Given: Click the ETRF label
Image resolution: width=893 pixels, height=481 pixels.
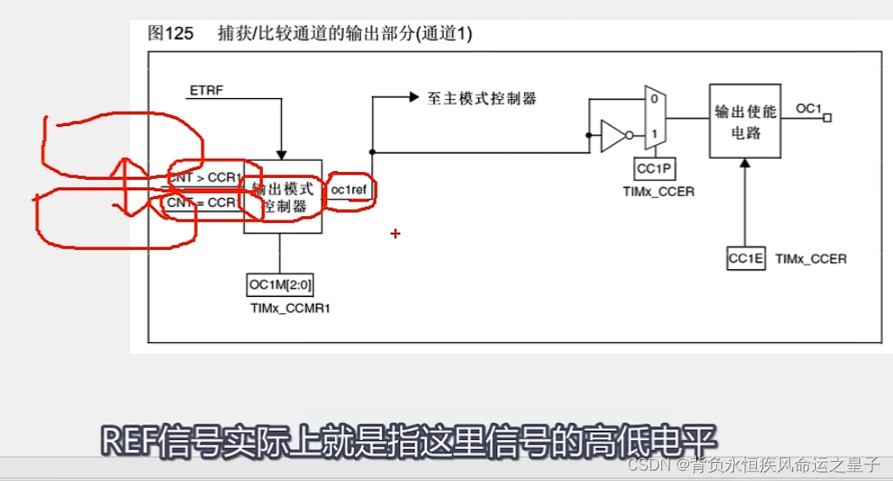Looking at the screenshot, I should (x=206, y=89).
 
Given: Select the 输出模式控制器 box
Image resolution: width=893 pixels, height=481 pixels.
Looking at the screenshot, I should (x=281, y=196).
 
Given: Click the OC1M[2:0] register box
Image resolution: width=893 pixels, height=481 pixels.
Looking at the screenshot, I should (x=280, y=285).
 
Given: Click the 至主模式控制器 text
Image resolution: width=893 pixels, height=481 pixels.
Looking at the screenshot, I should (x=482, y=98).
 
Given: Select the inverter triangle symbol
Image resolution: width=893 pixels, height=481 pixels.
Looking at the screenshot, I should (x=614, y=135).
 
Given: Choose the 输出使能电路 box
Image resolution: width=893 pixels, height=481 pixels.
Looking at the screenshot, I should (x=744, y=121).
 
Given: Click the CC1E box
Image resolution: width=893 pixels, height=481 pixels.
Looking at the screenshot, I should (x=745, y=259).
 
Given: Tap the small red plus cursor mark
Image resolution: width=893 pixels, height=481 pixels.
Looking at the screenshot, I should (x=396, y=234).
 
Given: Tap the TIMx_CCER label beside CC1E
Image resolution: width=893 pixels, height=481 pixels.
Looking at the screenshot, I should (x=811, y=259).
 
